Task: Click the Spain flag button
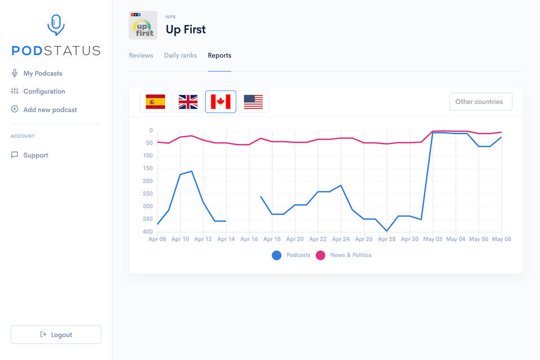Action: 155,102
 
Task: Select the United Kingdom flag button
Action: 188,102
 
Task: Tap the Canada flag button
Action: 220,102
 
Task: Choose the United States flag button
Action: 253,102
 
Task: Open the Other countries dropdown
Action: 480,102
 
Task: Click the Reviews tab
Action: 141,56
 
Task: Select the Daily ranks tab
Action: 181,56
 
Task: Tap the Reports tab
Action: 219,56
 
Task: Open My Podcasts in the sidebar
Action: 43,74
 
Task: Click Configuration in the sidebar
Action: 44,92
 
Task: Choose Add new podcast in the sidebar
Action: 50,110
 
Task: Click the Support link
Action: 35,155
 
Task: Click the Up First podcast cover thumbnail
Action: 143,25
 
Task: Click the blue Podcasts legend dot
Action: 277,255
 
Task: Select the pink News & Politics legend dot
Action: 321,255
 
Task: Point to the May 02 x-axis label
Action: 433,239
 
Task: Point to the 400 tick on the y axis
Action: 147,232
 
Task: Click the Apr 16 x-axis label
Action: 249,239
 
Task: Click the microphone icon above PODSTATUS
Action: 56,25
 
